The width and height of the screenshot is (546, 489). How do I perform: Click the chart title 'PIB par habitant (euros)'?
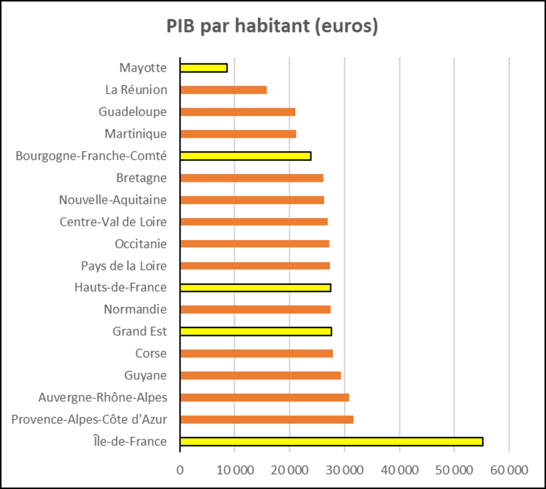272,26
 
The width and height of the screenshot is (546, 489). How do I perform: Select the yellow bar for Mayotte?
204,68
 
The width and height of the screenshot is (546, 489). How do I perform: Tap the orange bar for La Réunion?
224,90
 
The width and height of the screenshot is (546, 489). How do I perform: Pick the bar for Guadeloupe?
238,112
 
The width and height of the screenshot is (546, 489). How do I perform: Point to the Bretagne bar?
252,178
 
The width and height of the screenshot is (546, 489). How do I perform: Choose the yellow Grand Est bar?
256,332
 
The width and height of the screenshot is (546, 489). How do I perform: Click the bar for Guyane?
261,376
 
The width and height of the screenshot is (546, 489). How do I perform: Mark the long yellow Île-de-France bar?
331,442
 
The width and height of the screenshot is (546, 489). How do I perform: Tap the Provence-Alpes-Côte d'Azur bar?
267,420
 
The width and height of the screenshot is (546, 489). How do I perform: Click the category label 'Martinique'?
136,134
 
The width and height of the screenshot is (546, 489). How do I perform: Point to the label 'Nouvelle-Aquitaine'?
113,200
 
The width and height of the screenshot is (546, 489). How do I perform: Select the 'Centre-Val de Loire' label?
113,222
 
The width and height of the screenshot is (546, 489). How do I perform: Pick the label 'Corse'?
151,354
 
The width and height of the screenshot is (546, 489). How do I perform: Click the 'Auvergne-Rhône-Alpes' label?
102,398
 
